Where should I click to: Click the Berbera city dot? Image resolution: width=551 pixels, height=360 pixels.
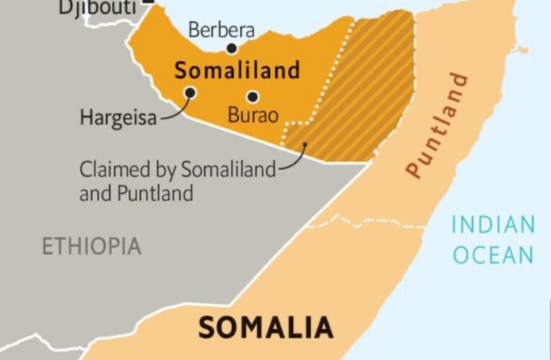click(232, 48)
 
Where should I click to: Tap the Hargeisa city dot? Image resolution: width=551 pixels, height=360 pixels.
click(191, 92)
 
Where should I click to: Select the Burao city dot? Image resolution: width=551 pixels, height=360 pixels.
click(253, 96)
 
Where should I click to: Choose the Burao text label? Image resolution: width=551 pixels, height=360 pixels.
click(249, 115)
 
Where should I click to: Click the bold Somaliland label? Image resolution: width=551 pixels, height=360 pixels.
click(237, 71)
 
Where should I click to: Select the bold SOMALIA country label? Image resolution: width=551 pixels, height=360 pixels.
click(266, 328)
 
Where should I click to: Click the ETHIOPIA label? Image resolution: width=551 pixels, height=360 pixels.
click(91, 246)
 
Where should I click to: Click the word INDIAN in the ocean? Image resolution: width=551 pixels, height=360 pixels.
click(493, 225)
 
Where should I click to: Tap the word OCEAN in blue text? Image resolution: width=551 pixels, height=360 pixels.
click(493, 255)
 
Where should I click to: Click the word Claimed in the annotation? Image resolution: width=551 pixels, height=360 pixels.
click(108, 171)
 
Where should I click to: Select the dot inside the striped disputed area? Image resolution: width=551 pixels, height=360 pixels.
click(305, 145)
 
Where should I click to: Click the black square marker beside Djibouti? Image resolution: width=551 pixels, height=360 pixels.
click(149, 2)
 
